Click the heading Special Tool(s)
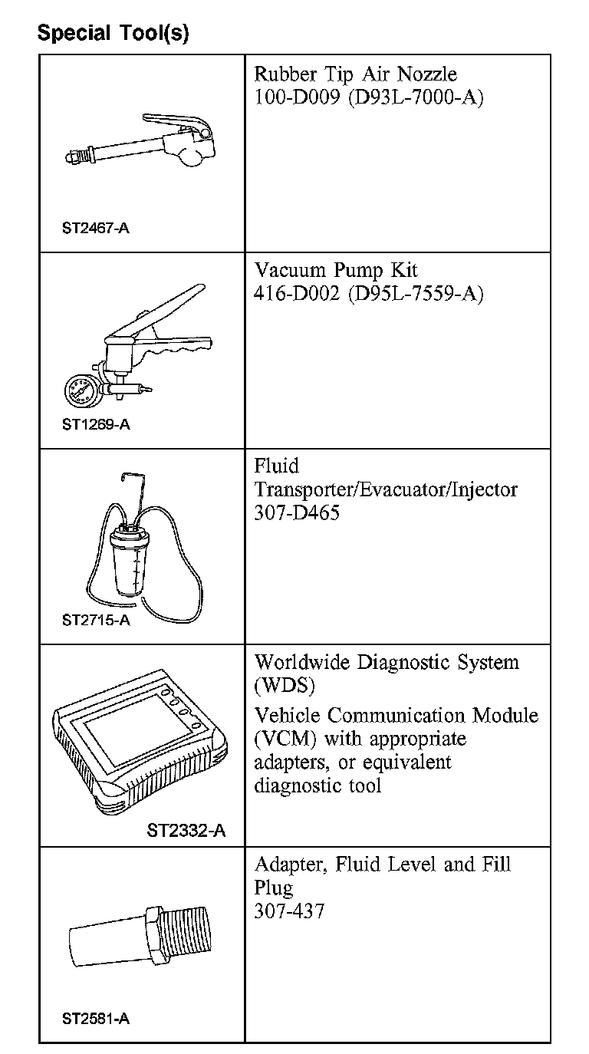(113, 33)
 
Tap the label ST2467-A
(96, 228)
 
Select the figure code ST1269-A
(96, 424)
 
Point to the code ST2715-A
(96, 620)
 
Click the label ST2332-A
(186, 831)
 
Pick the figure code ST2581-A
(96, 1019)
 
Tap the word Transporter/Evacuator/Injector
(386, 489)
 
